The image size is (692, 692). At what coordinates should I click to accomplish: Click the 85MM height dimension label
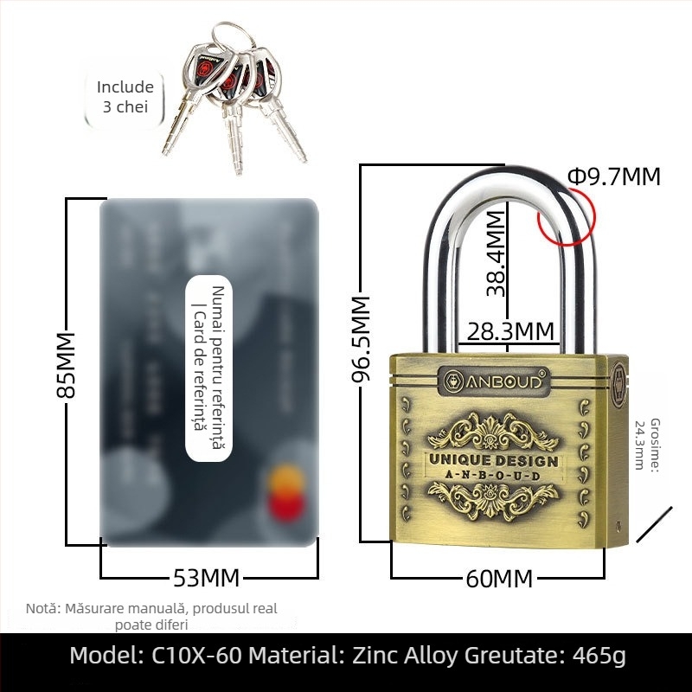tap(66, 364)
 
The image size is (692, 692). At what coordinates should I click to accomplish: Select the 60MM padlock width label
tap(499, 578)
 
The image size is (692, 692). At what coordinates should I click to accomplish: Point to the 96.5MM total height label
tap(360, 343)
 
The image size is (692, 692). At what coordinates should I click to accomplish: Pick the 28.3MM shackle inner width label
tap(510, 331)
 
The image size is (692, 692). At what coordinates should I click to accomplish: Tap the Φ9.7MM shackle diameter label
tap(613, 177)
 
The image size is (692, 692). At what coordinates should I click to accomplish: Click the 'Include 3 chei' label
tap(125, 97)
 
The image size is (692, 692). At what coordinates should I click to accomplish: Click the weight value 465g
tap(598, 656)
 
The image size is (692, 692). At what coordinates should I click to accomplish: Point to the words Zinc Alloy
tap(405, 656)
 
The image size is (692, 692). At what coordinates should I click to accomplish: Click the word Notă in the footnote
tap(42, 609)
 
